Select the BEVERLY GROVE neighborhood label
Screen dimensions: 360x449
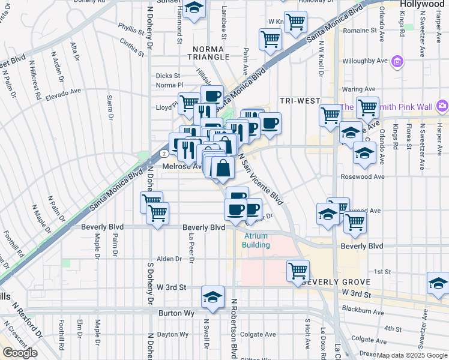click(x=334, y=282)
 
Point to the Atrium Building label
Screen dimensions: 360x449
click(x=256, y=241)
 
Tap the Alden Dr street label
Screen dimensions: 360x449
click(x=169, y=259)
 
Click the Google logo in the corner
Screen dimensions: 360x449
click(x=19, y=353)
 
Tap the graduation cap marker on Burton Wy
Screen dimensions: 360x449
click(x=212, y=298)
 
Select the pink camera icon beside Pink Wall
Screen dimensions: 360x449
click(x=442, y=106)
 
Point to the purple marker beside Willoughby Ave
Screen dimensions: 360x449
click(x=396, y=61)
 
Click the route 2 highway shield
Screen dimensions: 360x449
click(x=164, y=152)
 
